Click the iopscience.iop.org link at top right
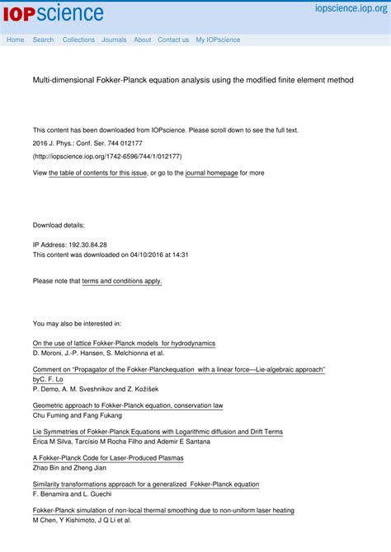351,8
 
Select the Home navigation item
15,40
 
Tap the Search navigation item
43,40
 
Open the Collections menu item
78,40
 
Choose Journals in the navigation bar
114,40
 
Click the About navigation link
143,40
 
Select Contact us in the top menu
173,40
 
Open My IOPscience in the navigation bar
218,40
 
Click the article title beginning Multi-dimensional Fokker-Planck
193,81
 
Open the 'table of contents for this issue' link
98,174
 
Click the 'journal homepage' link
211,174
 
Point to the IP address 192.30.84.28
86,245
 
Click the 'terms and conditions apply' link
122,281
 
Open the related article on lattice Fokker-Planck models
124,343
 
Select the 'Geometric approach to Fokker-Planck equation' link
128,405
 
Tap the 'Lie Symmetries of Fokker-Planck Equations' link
158,432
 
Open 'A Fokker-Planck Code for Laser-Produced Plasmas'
108,458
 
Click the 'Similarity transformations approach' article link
146,484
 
